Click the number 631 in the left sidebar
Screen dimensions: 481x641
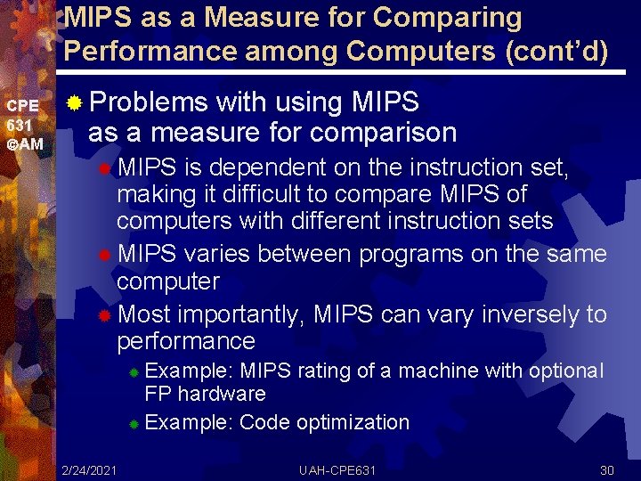(x=19, y=124)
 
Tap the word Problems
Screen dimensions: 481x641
(x=149, y=102)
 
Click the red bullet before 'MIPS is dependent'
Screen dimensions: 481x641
(x=105, y=168)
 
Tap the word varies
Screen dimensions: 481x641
(x=220, y=254)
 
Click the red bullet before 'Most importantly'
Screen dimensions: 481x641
(x=105, y=315)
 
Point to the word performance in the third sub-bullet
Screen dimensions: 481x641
(x=186, y=341)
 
